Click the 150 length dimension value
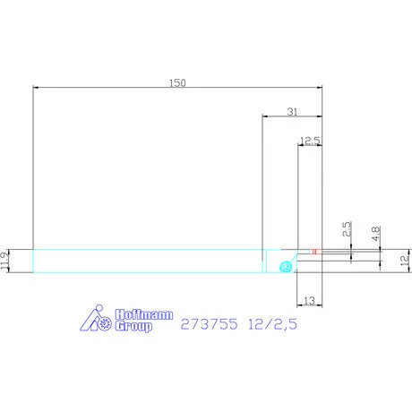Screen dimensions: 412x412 [177, 82]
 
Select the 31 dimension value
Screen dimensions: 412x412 [292, 112]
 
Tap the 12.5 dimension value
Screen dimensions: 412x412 [310, 141]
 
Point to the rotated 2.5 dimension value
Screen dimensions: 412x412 [347, 229]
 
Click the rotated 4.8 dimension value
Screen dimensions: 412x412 [375, 234]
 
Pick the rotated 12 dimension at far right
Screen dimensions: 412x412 [405, 261]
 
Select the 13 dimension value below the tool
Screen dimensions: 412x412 [309, 300]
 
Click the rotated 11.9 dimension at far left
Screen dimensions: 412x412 [4, 261]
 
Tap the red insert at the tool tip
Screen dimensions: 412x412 [316, 252]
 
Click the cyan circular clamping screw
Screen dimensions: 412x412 [286, 267]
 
